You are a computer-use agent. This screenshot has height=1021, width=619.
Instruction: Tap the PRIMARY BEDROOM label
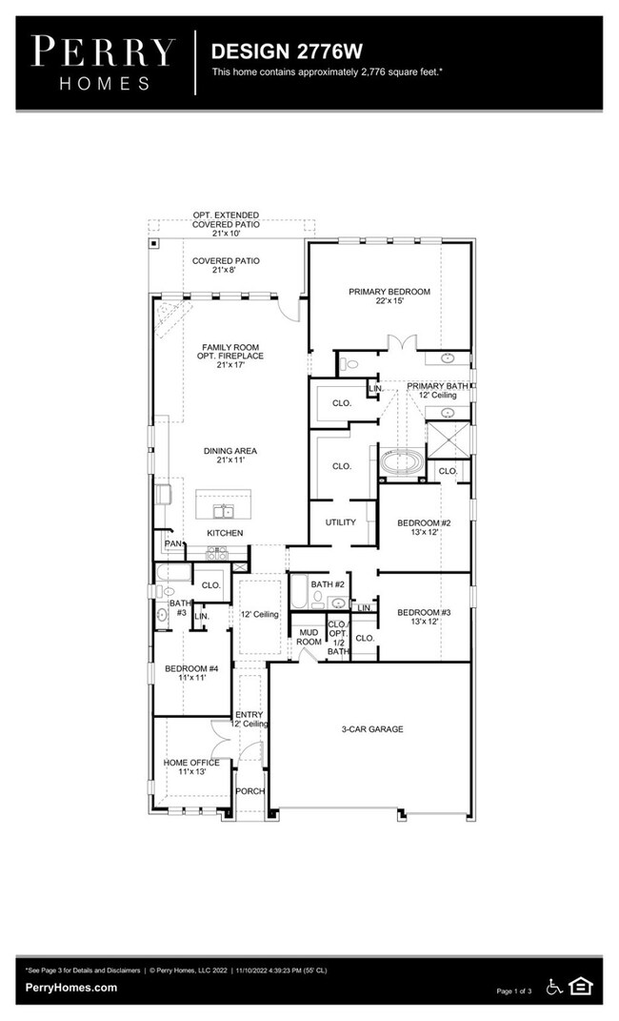click(389, 296)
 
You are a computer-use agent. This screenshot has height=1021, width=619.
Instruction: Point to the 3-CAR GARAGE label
click(372, 729)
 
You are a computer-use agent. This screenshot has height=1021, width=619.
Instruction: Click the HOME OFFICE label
click(191, 767)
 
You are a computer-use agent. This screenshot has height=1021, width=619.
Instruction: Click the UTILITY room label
click(340, 522)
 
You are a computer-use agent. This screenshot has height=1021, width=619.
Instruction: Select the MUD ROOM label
click(309, 637)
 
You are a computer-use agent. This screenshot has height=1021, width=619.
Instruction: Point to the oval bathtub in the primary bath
click(405, 463)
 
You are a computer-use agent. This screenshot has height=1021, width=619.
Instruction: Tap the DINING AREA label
click(230, 456)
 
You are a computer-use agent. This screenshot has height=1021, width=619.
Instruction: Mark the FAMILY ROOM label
click(230, 355)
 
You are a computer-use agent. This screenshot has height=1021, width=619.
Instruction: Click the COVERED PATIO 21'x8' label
click(226, 265)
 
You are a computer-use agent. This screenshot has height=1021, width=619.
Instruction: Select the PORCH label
click(250, 791)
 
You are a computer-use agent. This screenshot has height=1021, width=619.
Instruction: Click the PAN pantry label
click(172, 544)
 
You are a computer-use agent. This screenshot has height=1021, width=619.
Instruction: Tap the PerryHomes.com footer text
click(71, 988)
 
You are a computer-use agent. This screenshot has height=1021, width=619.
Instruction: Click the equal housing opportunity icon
click(580, 986)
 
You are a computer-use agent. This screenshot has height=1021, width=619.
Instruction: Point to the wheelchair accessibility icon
click(555, 986)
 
